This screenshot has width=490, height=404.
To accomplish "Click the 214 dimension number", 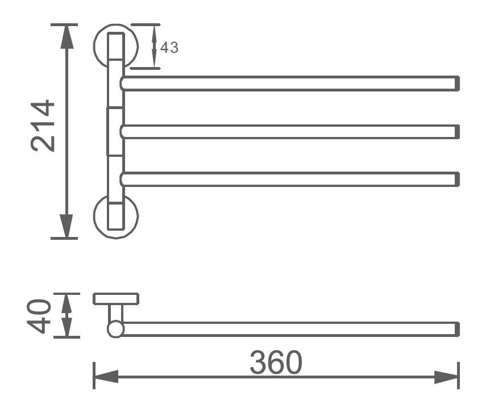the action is [x=43, y=126].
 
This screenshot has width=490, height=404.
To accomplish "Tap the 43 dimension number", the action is [x=169, y=48].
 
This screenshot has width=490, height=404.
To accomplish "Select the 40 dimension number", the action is [x=39, y=316].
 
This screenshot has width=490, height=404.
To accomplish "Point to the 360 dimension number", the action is [x=276, y=362].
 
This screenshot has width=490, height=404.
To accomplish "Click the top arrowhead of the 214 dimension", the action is [x=67, y=36].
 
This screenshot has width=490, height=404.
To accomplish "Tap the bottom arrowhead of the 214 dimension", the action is [x=67, y=226].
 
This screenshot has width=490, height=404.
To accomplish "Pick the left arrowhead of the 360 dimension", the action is [x=106, y=377].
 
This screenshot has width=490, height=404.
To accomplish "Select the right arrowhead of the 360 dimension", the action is [x=446, y=377].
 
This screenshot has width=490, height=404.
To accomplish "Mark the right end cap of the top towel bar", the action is [x=457, y=84].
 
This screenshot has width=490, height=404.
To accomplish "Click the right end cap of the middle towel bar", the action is [x=457, y=132].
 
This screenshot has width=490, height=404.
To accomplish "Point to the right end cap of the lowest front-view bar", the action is [x=457, y=179].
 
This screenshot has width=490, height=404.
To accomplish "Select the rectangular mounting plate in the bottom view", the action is [x=116, y=299].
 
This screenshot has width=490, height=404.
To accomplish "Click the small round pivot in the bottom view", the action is [x=115, y=329].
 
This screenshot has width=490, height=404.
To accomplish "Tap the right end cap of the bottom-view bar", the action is [x=457, y=329].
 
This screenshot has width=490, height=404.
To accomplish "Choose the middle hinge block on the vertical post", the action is [x=115, y=131].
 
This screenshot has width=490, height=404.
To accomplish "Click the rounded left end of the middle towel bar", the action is [x=122, y=132].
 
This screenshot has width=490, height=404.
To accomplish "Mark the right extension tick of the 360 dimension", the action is [x=458, y=376].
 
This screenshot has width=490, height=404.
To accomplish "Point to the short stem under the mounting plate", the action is [x=115, y=313].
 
